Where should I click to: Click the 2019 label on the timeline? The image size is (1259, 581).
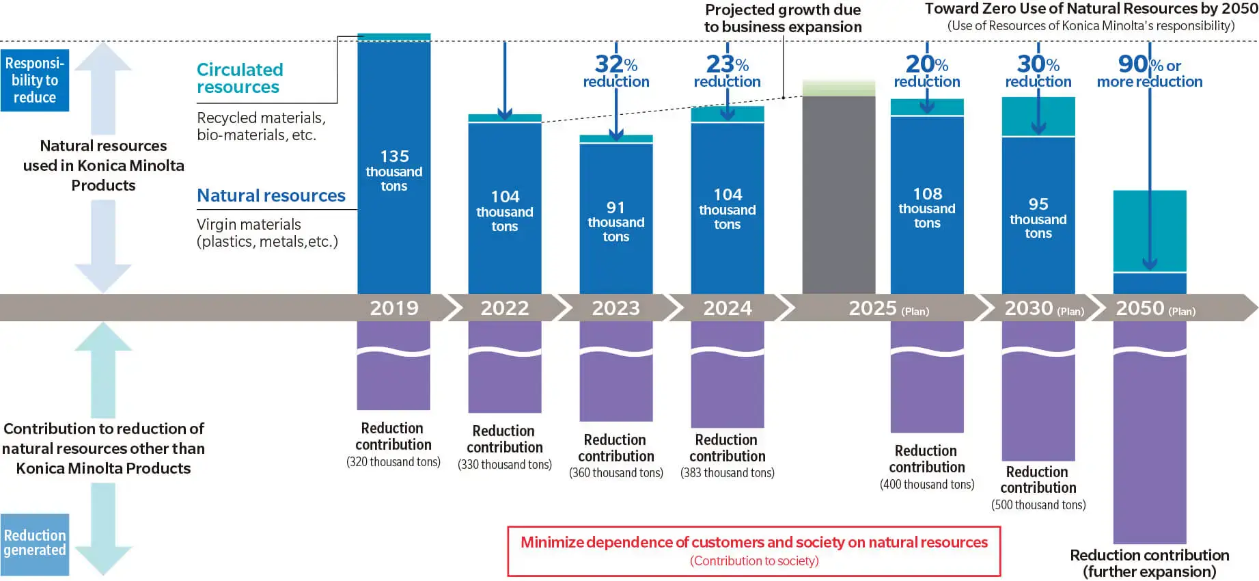pyautogui.click(x=394, y=308)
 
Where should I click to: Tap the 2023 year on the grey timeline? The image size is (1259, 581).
pyautogui.click(x=615, y=308)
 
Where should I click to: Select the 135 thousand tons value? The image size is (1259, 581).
pyautogui.click(x=394, y=171)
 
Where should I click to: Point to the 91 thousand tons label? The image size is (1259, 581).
pyautogui.click(x=615, y=221)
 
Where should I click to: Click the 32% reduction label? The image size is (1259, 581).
pyautogui.click(x=615, y=72)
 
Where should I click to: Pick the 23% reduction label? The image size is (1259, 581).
pyautogui.click(x=727, y=72)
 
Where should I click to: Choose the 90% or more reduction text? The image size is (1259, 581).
pyautogui.click(x=1150, y=72)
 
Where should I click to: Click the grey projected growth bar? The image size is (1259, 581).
pyautogui.click(x=838, y=195)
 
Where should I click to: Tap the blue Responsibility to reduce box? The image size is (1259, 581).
pyautogui.click(x=35, y=80)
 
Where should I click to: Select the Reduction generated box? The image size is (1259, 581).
pyautogui.click(x=35, y=543)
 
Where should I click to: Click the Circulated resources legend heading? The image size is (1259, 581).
pyautogui.click(x=240, y=79)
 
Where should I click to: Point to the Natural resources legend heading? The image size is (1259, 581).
pyautogui.click(x=271, y=195)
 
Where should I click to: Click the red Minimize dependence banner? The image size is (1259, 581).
pyautogui.click(x=753, y=551)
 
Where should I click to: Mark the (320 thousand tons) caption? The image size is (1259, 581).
pyautogui.click(x=393, y=462)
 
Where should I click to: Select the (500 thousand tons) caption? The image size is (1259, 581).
pyautogui.click(x=1038, y=505)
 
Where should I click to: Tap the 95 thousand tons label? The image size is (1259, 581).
pyautogui.click(x=1038, y=218)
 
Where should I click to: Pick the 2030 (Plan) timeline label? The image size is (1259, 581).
pyautogui.click(x=1043, y=308)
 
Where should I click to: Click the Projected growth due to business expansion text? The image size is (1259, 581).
pyautogui.click(x=783, y=18)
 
